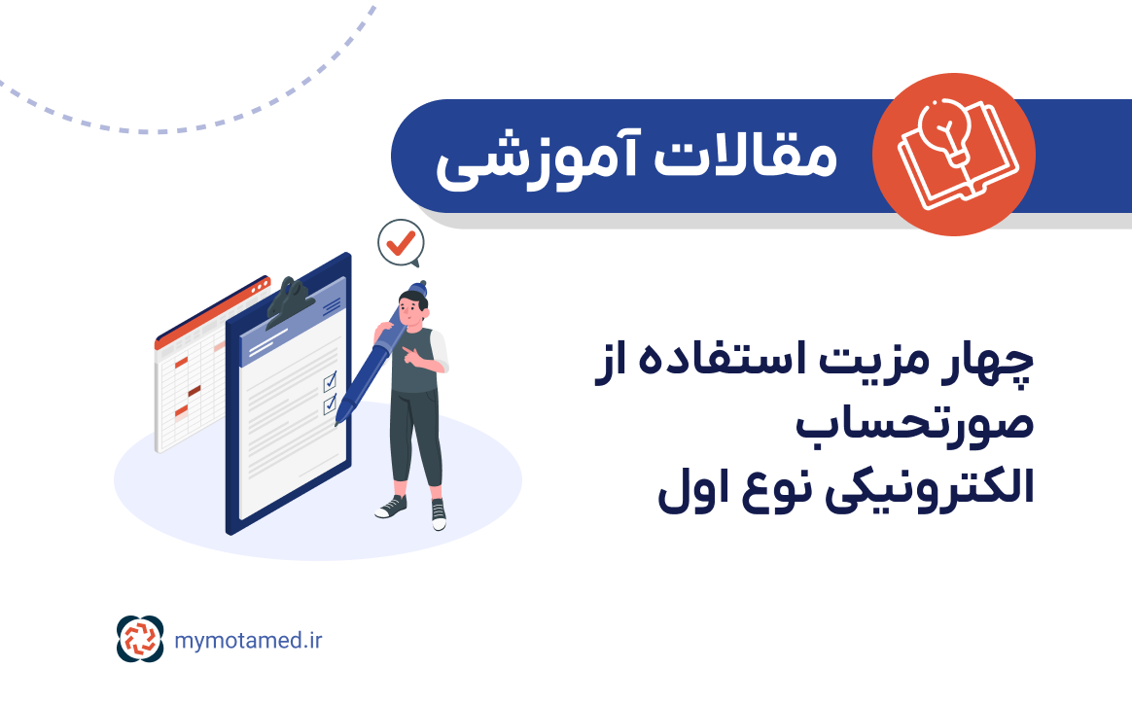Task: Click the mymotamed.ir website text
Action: click(248, 640)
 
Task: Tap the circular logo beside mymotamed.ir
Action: click(142, 640)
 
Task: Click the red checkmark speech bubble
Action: click(399, 243)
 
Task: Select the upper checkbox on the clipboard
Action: click(330, 379)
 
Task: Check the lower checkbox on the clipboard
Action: click(330, 401)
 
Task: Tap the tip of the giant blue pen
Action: click(338, 421)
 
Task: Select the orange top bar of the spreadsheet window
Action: click(212, 311)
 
